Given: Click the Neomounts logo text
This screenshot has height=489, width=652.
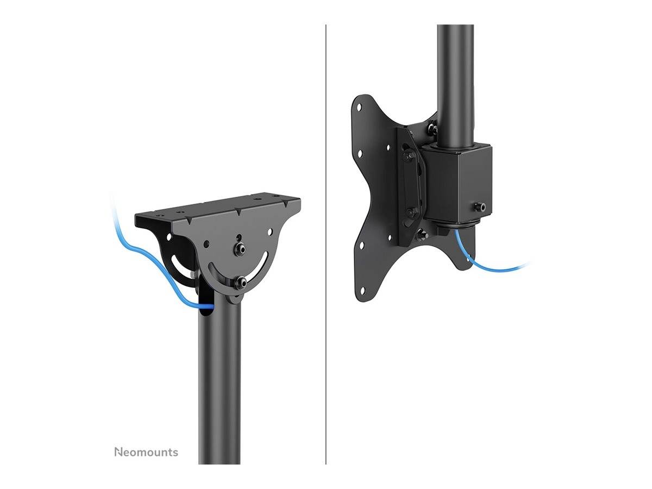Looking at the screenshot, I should (146, 452).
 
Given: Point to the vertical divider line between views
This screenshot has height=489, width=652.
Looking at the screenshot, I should (326, 244).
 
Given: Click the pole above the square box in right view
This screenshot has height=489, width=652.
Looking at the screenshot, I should (455, 81).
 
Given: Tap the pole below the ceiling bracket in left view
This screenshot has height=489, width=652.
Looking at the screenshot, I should (219, 380).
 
